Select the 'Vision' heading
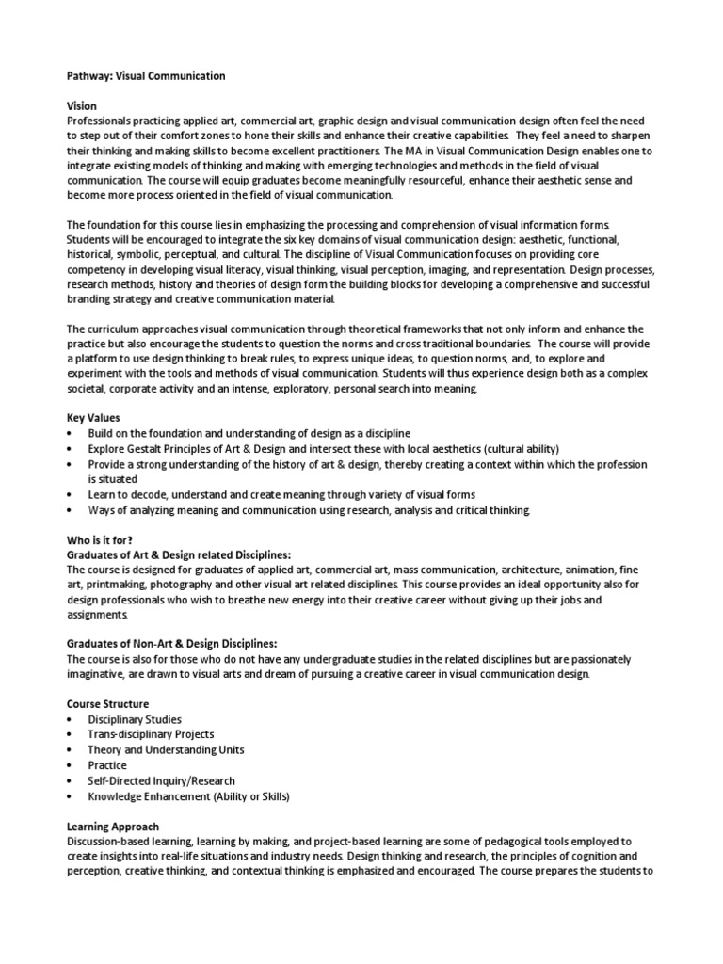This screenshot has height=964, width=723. [82, 106]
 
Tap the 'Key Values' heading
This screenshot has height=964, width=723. [93, 417]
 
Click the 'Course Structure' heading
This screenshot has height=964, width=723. [107, 704]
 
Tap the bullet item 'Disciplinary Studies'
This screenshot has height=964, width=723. [135, 720]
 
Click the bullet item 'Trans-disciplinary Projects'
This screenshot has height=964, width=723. [151, 735]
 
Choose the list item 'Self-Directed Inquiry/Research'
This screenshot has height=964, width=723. [161, 780]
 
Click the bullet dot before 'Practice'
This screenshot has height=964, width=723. [70, 765]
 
